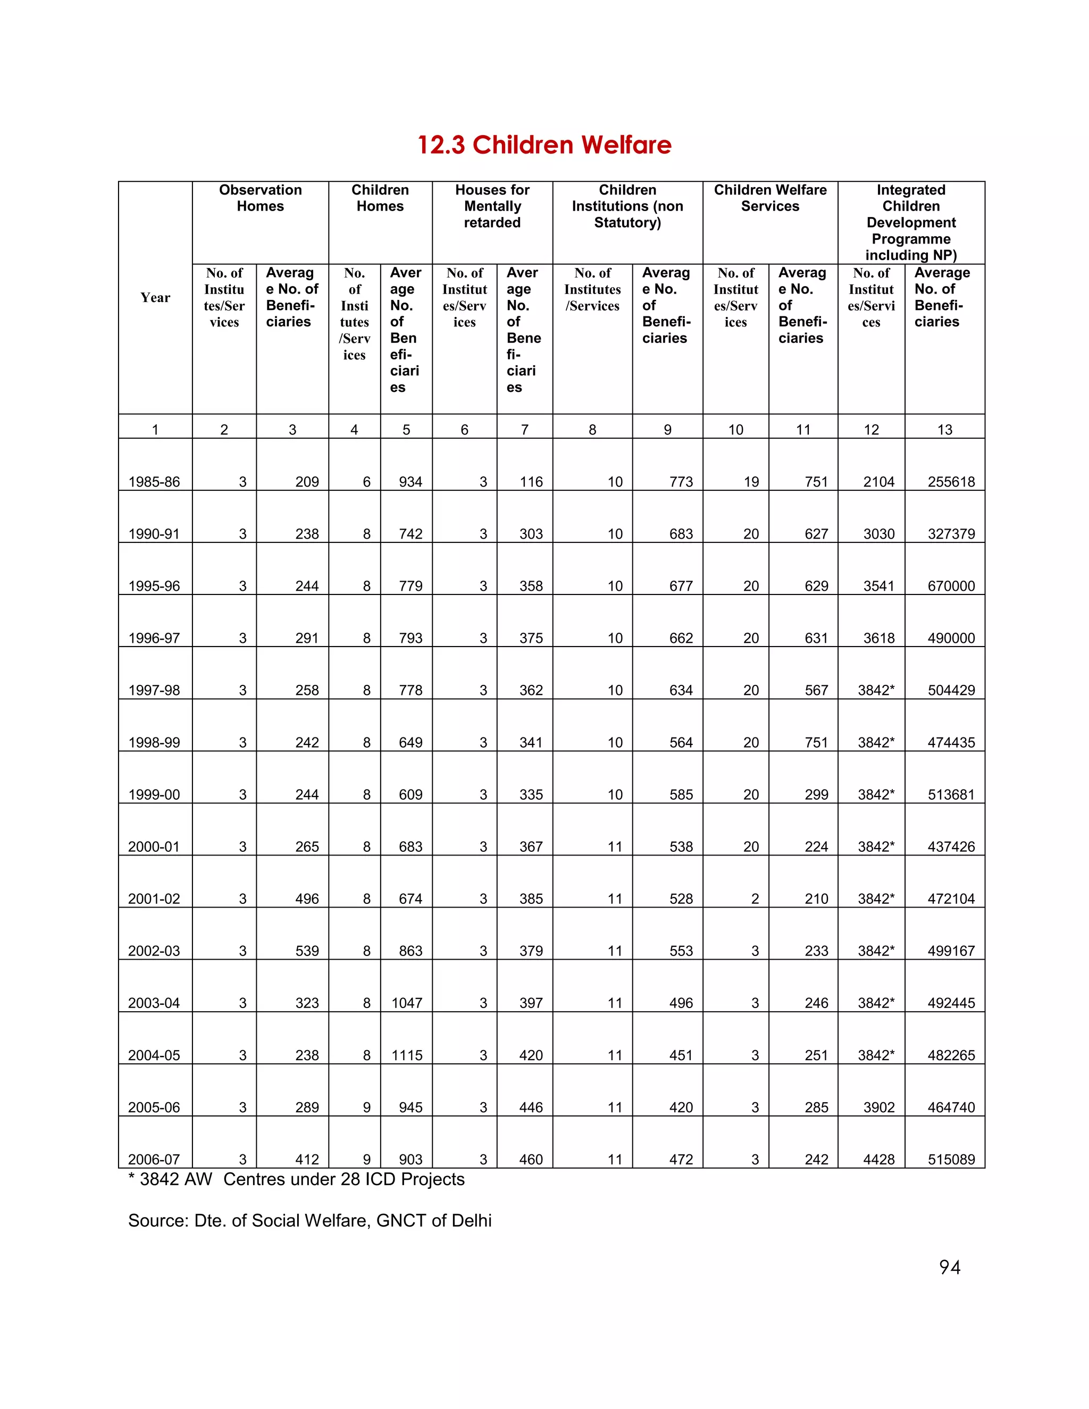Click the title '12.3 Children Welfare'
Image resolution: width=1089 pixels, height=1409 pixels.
click(544, 145)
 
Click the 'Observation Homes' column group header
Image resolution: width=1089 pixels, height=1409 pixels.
click(260, 198)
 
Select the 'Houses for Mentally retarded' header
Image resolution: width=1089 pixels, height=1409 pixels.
click(492, 206)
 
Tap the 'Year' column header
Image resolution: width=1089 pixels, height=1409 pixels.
click(155, 297)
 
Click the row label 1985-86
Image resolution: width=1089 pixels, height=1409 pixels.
click(154, 482)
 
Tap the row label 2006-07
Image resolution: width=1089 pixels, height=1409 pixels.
click(154, 1159)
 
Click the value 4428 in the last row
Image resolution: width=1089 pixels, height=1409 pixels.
click(878, 1159)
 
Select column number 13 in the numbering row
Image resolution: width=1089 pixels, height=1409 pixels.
click(944, 430)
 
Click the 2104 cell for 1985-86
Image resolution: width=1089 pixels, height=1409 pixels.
click(878, 482)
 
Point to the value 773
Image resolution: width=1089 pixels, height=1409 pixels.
click(681, 482)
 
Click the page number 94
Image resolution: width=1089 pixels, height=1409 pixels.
click(950, 1268)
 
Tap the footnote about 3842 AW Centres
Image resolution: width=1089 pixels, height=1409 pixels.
click(296, 1179)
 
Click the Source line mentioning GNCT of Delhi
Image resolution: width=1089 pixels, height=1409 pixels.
click(309, 1221)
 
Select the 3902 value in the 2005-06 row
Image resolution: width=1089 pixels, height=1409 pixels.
click(878, 1108)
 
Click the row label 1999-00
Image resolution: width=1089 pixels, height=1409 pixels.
click(154, 795)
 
